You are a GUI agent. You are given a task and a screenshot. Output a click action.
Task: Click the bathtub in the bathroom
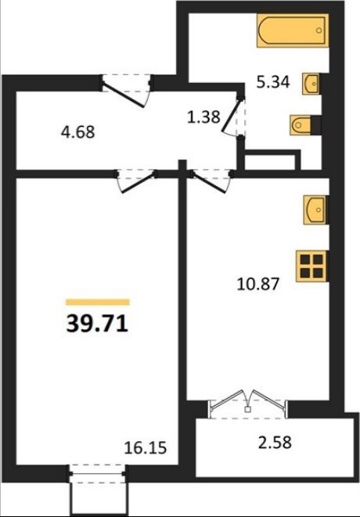coord(293,31)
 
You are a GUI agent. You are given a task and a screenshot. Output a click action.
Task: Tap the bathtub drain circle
coord(319,31)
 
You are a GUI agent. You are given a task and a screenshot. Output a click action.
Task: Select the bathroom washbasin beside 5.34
coord(311,84)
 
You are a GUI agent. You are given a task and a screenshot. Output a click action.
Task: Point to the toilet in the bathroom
coord(301,125)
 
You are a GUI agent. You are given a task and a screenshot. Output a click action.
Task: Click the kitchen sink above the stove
coord(315,210)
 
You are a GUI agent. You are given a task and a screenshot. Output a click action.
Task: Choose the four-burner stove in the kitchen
coord(311,267)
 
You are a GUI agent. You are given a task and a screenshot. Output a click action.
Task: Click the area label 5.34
coord(273,82)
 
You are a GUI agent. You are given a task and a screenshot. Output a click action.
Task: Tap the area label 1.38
coord(203,117)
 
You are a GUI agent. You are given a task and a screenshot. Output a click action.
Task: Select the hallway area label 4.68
coord(78,132)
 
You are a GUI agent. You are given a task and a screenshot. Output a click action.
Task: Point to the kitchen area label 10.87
coord(258,284)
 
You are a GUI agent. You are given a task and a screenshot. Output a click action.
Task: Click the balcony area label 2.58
coord(275,443)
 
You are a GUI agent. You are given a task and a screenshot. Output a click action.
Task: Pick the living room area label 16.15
coord(146,448)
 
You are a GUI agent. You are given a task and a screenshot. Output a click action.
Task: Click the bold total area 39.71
coord(97,324)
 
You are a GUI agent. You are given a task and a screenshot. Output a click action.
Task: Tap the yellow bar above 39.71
coord(98,302)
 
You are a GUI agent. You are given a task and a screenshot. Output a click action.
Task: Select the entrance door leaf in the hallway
coord(124,96)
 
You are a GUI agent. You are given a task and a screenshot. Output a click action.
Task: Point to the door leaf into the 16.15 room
coord(139,182)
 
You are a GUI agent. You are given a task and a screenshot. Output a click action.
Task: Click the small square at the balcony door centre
coord(247,410)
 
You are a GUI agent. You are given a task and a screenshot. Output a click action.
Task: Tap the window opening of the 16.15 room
coord(98,474)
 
